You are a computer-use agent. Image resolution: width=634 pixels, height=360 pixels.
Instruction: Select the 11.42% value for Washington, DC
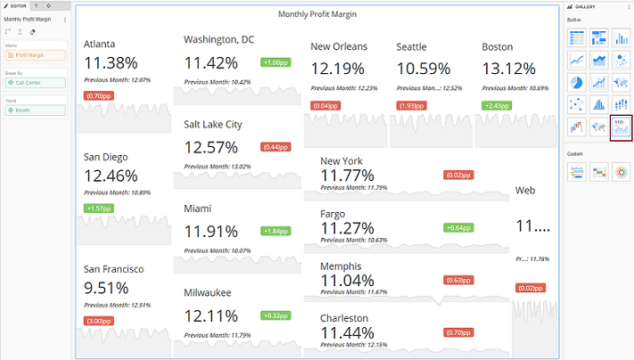211,62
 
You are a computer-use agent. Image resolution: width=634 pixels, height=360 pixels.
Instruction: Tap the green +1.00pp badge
274,62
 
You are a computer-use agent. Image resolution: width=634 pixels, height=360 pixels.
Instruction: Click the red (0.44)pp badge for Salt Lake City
274,147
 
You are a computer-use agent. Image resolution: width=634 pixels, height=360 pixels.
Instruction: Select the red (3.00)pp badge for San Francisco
98,320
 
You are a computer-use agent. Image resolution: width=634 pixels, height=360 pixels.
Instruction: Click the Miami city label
198,209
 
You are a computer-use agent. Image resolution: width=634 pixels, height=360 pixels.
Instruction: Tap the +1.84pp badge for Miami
274,231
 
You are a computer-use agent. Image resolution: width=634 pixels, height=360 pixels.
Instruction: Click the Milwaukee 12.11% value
211,315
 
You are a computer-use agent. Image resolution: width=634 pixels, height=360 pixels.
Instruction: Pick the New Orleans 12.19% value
338,69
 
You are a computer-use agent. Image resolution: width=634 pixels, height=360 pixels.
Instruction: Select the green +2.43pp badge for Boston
496,105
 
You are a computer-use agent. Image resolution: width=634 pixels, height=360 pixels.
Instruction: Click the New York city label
342,160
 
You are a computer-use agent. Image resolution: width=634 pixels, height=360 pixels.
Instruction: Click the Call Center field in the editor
34,83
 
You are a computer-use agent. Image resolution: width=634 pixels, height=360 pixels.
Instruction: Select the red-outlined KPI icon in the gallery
621,128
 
